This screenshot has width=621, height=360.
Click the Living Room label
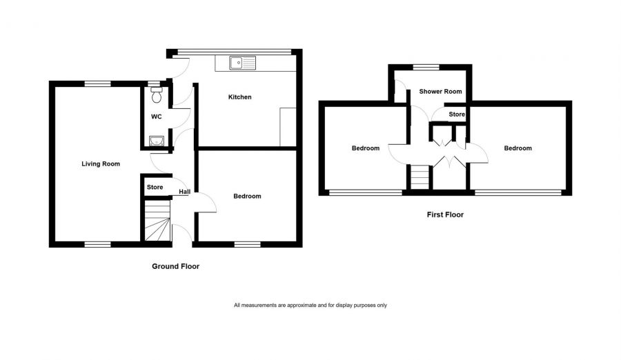(101, 164)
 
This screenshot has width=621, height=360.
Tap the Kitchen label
(239, 97)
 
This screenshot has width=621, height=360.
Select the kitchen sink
(242, 63)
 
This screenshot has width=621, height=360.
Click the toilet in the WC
(157, 94)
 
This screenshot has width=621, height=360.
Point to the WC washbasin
(157, 141)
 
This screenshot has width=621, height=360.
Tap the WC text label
(157, 117)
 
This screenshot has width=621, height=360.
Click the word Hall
(184, 192)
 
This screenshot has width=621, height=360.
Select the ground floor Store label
(155, 188)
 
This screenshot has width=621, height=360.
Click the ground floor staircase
(157, 221)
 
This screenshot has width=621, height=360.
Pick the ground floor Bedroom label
(247, 196)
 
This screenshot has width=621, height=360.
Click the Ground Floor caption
(175, 266)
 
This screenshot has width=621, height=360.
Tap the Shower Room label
(440, 92)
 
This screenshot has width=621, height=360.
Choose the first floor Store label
(457, 114)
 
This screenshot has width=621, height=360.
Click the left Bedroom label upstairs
(366, 148)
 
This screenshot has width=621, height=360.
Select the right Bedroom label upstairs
(517, 148)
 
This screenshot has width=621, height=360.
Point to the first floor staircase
(420, 177)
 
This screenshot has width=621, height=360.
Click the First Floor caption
(445, 214)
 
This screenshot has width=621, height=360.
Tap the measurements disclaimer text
(310, 306)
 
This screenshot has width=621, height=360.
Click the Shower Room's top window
(426, 67)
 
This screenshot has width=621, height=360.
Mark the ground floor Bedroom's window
(248, 245)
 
